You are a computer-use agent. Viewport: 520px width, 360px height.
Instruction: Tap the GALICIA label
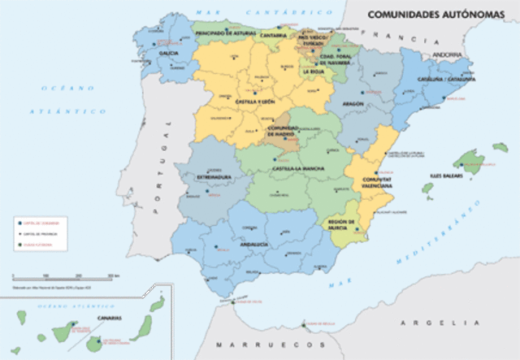[169, 53]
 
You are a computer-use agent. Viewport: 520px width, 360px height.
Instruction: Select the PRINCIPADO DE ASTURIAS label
[221, 33]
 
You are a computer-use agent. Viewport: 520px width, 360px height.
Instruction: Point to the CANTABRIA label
[274, 37]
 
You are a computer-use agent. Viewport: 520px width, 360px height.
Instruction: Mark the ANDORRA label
[446, 54]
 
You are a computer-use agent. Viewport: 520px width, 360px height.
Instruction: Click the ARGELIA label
[431, 323]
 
